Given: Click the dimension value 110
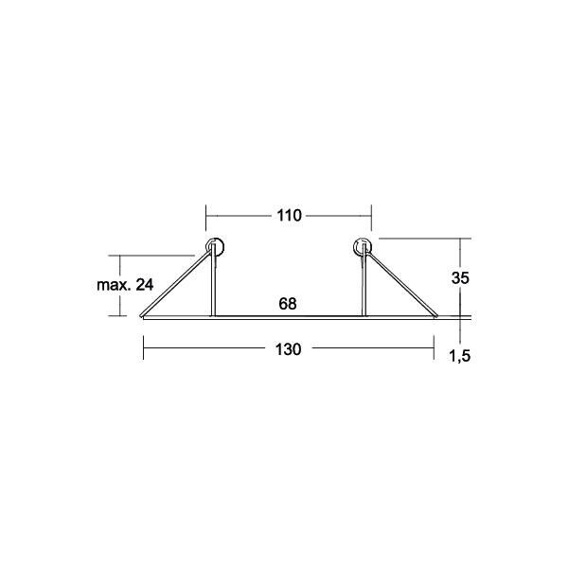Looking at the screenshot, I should click(289, 216).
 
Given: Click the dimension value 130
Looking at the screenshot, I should click(289, 349).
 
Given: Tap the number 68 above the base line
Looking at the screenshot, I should click(289, 304).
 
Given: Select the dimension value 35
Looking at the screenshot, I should click(461, 278).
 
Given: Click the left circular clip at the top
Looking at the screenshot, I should click(215, 248).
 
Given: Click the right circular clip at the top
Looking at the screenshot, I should click(364, 248).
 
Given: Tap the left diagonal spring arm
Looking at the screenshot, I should click(175, 284).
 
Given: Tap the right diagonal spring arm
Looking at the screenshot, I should click(402, 284).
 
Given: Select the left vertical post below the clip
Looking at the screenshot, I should click(212, 289).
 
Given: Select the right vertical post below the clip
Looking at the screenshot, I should click(364, 289).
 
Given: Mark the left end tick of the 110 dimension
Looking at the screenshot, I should click(206, 216).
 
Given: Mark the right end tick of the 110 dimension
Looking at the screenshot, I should click(371, 216).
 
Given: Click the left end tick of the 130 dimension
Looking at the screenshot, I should click(143, 349).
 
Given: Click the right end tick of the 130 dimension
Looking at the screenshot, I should click(435, 349).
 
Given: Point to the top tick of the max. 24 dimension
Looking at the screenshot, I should click(119, 256).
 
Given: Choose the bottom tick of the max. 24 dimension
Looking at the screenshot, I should click(119, 316).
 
